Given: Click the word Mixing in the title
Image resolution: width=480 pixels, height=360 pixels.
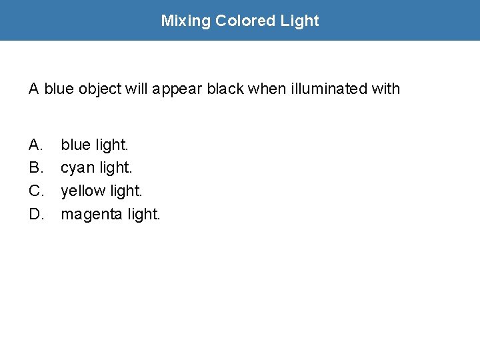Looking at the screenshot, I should pos(185,21).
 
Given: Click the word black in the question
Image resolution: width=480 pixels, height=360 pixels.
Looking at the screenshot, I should pos(225,89).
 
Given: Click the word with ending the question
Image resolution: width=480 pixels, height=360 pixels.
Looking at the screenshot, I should pos(385,89).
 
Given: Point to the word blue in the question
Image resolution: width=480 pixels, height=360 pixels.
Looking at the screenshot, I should pos(59,89).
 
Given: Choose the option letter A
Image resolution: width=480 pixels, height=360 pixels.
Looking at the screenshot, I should pos(36,144).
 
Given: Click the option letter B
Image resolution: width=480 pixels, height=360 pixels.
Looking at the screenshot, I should pos(36,167).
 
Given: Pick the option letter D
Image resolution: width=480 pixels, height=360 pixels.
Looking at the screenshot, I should pos(37,214).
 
